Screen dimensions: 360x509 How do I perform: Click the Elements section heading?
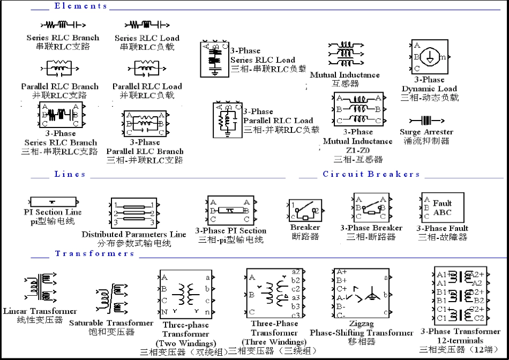(x=80, y=6)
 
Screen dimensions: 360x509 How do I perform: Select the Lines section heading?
(x=70, y=174)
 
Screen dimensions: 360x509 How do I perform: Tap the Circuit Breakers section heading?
(x=371, y=174)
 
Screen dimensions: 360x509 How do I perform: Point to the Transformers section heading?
(x=95, y=253)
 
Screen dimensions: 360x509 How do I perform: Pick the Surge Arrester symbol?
(x=426, y=120)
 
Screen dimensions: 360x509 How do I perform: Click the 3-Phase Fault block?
(x=443, y=207)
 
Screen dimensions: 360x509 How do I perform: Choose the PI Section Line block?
(x=52, y=202)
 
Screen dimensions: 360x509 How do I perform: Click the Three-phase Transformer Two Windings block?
(x=185, y=295)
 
